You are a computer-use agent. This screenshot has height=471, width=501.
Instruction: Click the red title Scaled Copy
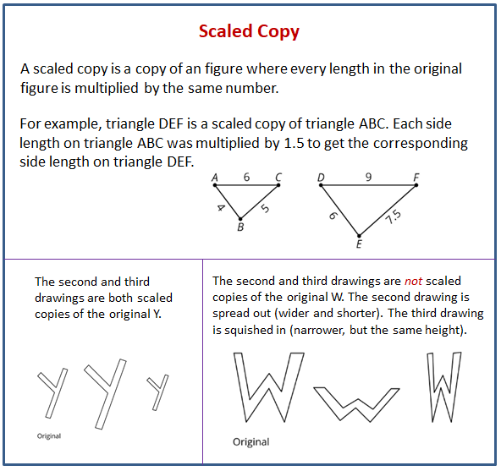[x=249, y=32]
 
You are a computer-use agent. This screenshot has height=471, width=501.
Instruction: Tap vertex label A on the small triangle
[x=215, y=178]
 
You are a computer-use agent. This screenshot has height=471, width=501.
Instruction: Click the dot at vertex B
[x=240, y=219]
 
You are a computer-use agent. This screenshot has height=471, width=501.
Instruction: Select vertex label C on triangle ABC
[x=278, y=178]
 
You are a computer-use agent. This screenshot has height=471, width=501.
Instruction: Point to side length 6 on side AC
[x=246, y=177]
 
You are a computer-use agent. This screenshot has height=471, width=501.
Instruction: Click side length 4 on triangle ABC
[x=221, y=208]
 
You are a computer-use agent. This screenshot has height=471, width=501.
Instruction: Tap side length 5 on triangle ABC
[x=265, y=208]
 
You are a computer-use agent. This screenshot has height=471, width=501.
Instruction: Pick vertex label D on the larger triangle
[x=321, y=178]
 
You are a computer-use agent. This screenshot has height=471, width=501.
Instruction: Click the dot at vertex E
[x=359, y=236]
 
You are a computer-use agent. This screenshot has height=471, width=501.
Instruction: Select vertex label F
[x=416, y=178]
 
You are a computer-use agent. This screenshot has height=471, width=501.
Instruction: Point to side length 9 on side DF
[x=368, y=177]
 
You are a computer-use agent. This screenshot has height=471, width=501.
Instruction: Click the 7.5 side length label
[x=394, y=217]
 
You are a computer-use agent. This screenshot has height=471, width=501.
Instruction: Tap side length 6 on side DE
[x=333, y=216]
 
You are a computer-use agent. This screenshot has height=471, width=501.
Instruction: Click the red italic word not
[x=413, y=281]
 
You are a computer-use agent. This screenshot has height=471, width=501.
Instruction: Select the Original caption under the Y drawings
[x=49, y=435]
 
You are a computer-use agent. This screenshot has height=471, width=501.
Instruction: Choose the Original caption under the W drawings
[x=251, y=442]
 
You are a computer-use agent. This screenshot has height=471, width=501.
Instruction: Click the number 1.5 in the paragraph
[x=294, y=144]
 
